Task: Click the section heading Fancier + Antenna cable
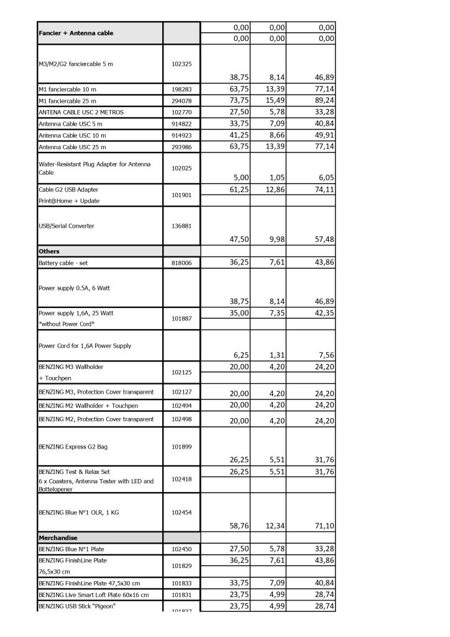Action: [x=76, y=33]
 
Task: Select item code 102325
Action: [x=181, y=64]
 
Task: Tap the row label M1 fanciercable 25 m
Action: [x=67, y=101]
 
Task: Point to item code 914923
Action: [x=181, y=135]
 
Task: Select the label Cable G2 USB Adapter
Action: [x=68, y=189]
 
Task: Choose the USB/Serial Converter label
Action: [x=67, y=226]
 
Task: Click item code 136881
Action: [x=181, y=226]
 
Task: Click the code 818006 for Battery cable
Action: [x=181, y=263]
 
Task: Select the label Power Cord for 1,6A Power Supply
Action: [x=85, y=345]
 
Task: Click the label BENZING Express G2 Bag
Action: [x=73, y=447]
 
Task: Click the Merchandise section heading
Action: [x=58, y=537]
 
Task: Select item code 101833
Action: [x=181, y=584]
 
